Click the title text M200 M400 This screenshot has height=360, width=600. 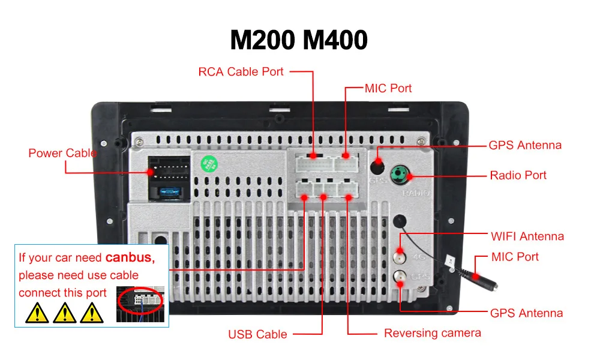[299, 40]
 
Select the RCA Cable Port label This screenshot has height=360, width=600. [241, 72]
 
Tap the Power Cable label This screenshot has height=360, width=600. [62, 153]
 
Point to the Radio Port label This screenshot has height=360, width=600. [518, 175]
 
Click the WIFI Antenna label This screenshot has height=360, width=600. [527, 236]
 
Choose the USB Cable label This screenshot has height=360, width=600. [257, 334]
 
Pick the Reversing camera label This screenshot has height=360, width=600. [432, 333]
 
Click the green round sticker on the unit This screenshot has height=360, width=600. [208, 163]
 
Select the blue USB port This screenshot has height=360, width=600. [169, 192]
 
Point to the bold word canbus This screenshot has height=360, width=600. [130, 258]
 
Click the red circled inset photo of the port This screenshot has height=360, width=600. [139, 298]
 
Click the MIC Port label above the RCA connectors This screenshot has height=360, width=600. [388, 88]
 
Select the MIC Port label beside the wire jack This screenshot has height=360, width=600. [515, 257]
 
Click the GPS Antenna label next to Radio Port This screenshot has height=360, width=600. [525, 145]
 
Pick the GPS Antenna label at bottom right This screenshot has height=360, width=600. [526, 313]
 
